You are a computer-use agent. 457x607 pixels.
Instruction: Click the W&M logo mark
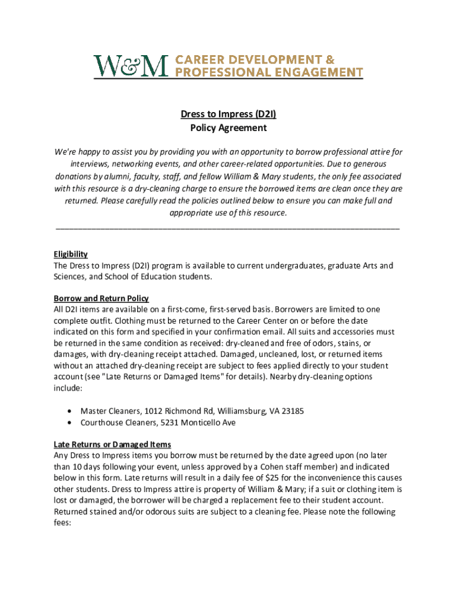(131, 66)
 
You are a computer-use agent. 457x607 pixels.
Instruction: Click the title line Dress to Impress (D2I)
(228, 114)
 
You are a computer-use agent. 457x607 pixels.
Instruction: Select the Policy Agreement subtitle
(228, 127)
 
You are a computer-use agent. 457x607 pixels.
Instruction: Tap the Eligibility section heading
(71, 254)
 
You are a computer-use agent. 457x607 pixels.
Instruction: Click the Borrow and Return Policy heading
(101, 298)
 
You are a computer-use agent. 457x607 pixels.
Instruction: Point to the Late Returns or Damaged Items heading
(112, 444)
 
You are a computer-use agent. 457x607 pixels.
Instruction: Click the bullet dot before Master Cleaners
(71, 411)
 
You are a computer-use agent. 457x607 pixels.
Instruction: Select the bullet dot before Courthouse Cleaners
(71, 423)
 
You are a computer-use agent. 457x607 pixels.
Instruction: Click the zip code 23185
(292, 411)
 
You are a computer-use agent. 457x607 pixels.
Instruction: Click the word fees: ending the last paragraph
(62, 523)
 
